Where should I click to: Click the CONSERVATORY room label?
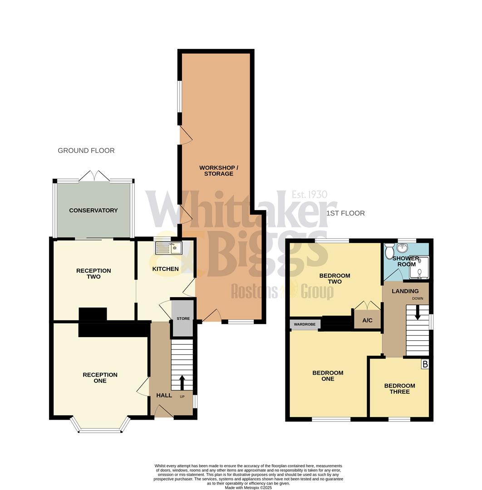[x=93, y=211]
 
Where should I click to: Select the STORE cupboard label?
[x=183, y=318]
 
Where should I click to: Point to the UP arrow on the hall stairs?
[x=182, y=382]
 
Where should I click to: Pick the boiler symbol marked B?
[x=425, y=364]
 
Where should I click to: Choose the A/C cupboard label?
[x=367, y=320]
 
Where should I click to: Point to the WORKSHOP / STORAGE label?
[x=218, y=171]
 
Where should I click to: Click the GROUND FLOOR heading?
[x=86, y=151]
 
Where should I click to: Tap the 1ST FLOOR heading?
[x=345, y=213]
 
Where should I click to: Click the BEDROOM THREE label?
[x=399, y=389]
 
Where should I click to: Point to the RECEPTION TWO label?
[x=93, y=274]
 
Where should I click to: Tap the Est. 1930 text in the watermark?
[x=309, y=195]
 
